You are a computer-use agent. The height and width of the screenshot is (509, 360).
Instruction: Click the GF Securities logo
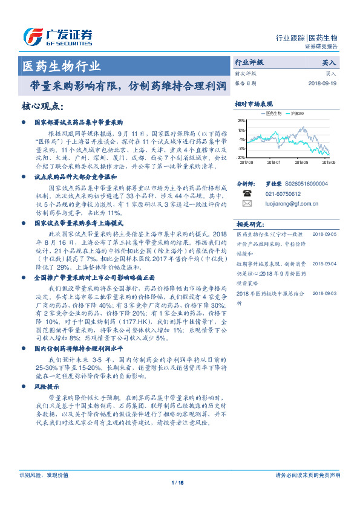point(57,37)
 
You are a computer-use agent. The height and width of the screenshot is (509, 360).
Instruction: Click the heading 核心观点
point(42,106)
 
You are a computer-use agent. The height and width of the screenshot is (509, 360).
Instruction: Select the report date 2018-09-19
point(321,83)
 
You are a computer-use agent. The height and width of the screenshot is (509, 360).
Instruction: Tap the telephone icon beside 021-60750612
point(246,194)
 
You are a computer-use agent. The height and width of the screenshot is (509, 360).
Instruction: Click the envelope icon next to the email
point(246,204)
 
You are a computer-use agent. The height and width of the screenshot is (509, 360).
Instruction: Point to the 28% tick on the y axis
point(241,121)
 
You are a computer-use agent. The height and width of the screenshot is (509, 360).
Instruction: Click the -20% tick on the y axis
point(241,157)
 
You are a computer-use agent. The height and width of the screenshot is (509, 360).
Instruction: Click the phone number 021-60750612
point(284,194)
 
